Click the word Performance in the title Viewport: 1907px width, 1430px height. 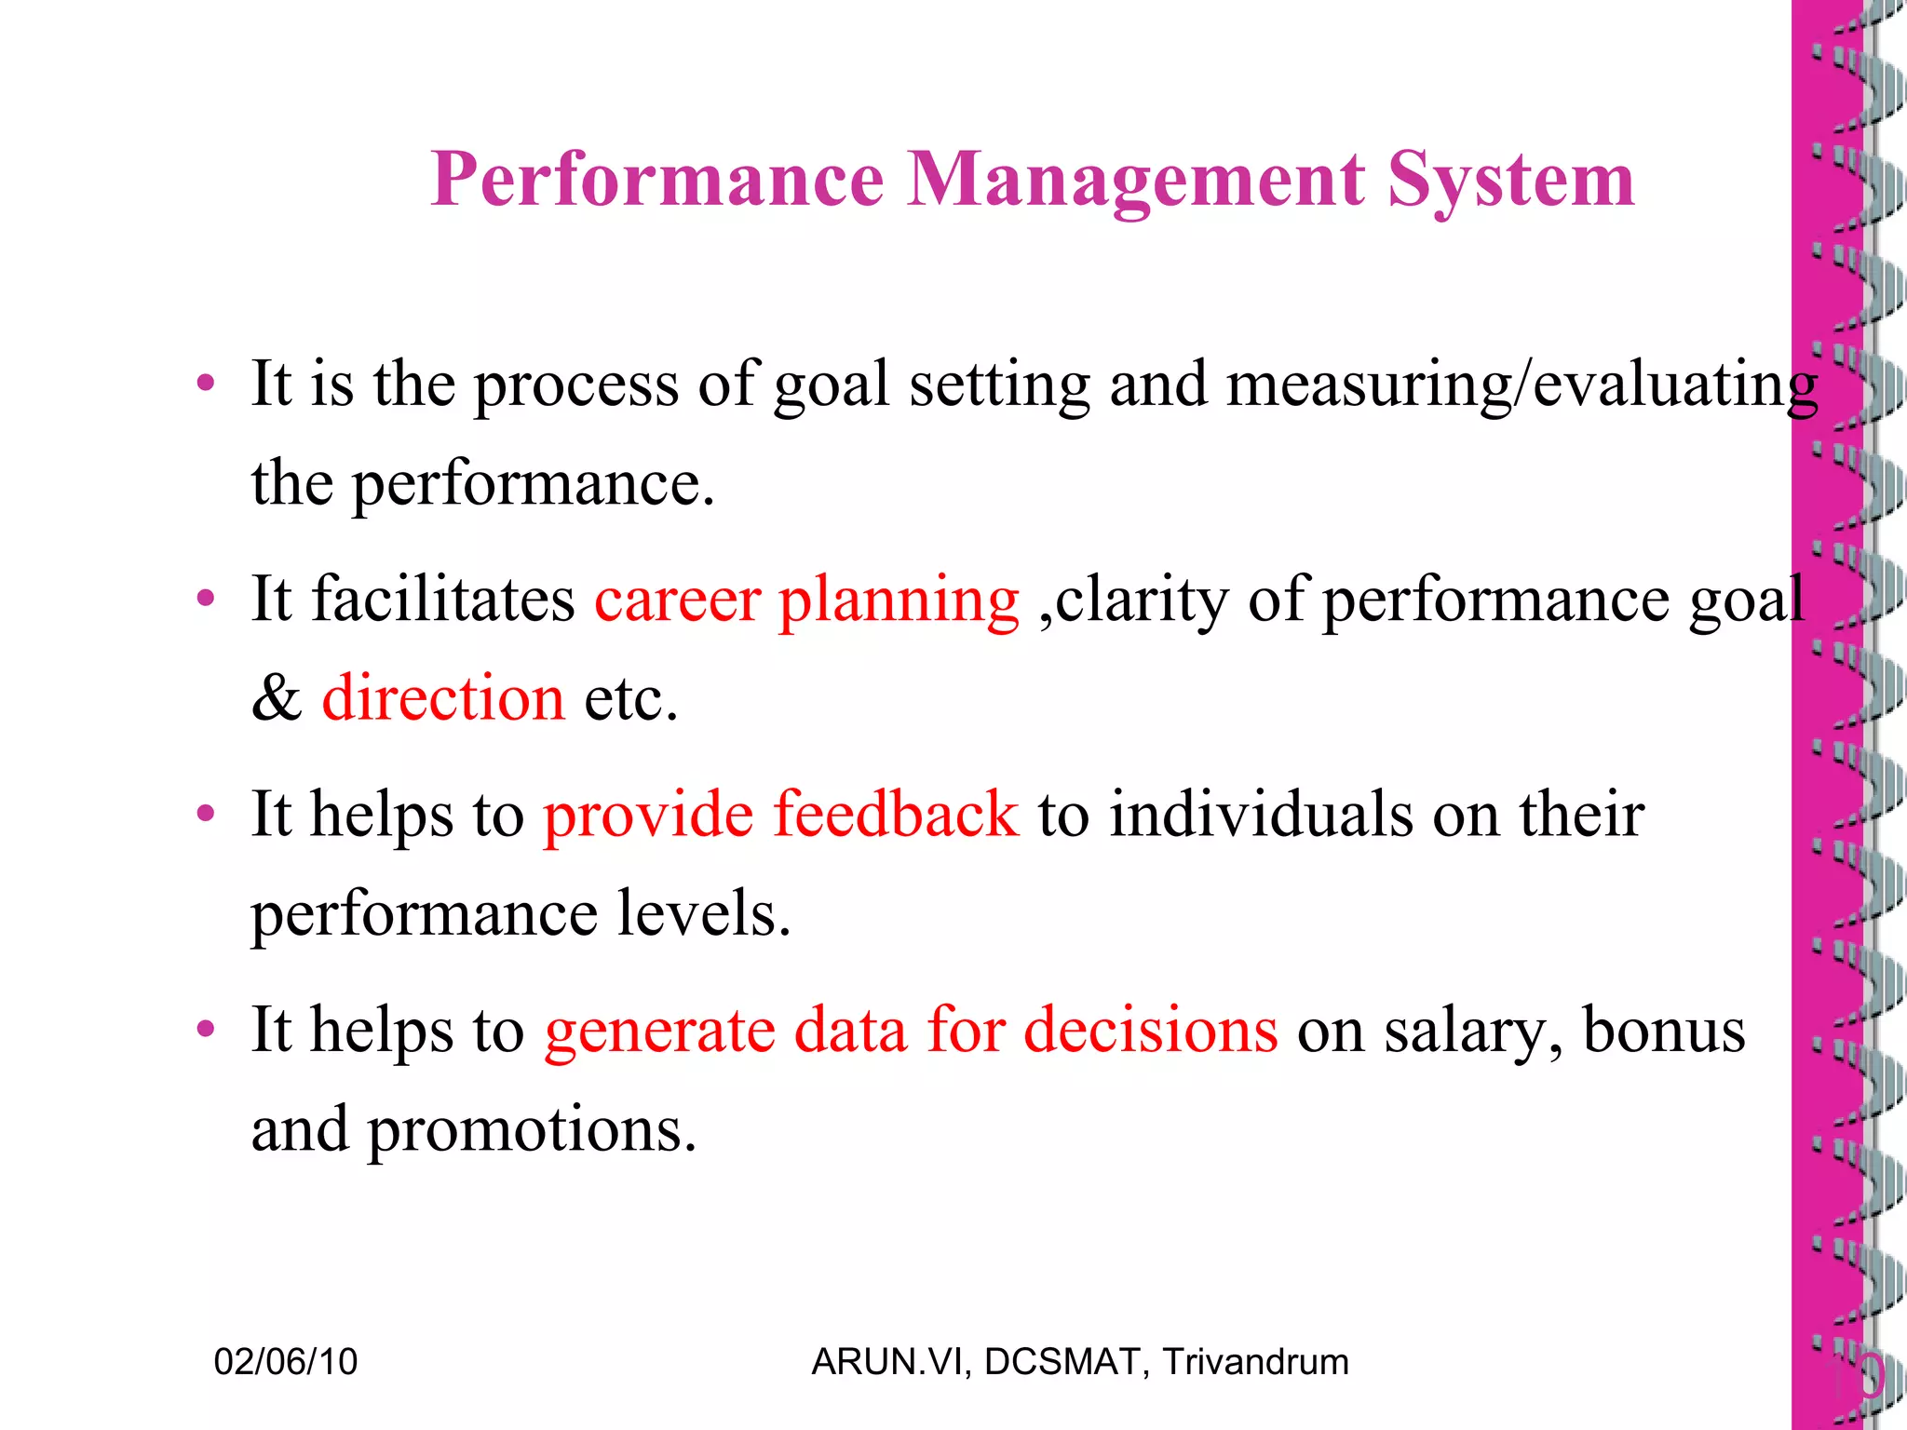(657, 180)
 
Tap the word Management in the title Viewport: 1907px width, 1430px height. (1136, 180)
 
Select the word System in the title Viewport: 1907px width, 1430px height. (1510, 180)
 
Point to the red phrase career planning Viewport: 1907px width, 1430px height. (806, 600)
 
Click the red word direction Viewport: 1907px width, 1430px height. (443, 698)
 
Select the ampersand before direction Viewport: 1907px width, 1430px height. (277, 698)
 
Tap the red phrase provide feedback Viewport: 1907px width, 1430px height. (780, 815)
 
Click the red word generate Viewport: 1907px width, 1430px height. (659, 1032)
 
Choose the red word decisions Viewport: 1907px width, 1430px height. (1151, 1032)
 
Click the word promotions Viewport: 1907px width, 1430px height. (532, 1131)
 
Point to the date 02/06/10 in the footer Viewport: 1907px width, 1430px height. (286, 1362)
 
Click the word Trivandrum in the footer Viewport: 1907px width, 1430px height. (1255, 1362)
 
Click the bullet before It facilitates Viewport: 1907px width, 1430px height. (206, 599)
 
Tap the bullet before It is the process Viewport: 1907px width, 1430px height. (206, 384)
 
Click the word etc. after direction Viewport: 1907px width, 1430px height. (630, 698)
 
